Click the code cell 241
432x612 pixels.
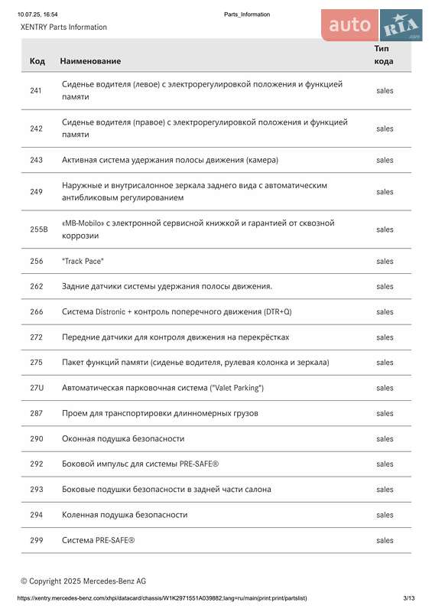[x=36, y=91]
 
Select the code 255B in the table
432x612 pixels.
[x=38, y=229]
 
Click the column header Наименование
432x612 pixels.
[x=90, y=61]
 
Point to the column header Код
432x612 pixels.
[x=37, y=61]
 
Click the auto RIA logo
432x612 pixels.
[x=372, y=26]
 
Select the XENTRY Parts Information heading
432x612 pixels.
[x=63, y=28]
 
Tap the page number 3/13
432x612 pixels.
[x=408, y=597]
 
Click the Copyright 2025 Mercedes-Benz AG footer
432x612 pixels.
[x=83, y=581]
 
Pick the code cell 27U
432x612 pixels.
[x=37, y=388]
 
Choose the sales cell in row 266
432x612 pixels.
[x=385, y=312]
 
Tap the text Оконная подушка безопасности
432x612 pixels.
[x=122, y=438]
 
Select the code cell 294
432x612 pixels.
[x=37, y=515]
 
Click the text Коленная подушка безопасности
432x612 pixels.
[x=124, y=515]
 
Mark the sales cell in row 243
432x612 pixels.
[x=385, y=160]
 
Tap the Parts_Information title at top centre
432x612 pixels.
[x=247, y=15]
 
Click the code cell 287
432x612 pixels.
[x=37, y=413]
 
